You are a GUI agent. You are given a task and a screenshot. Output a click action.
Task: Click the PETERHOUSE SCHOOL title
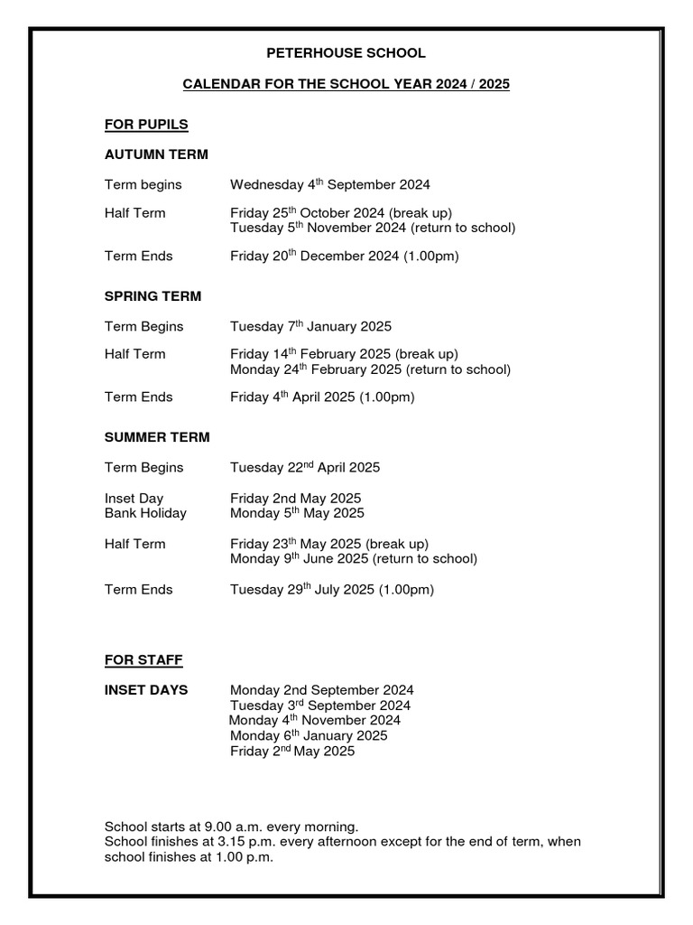coord(346,53)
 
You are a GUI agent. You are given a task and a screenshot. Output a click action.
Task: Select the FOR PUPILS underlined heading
coord(146,124)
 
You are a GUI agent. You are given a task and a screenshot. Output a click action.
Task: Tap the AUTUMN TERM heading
coord(156,154)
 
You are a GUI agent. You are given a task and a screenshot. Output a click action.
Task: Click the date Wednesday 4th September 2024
coord(329,185)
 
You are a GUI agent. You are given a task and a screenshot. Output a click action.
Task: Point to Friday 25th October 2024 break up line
coord(340,213)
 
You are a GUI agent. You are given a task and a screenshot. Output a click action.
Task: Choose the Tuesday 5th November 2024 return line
coord(373,229)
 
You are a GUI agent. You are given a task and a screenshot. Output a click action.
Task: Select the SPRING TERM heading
coord(152,296)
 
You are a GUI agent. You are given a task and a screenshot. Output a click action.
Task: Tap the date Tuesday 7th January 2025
coord(310,326)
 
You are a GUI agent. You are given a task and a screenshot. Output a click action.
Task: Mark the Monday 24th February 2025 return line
coord(370,369)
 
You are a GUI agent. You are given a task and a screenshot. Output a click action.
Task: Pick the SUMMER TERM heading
coord(157,437)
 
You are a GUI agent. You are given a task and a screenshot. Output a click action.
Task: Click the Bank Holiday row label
coord(145,513)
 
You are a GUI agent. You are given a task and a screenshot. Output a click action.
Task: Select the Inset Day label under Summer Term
coord(134,499)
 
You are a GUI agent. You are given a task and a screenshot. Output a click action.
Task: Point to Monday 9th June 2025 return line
coord(353,559)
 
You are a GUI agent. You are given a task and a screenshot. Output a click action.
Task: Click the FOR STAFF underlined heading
coord(143,660)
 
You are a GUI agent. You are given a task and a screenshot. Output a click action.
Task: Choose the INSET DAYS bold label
coord(146,690)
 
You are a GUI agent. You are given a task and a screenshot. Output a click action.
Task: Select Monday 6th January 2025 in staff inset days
coord(309,736)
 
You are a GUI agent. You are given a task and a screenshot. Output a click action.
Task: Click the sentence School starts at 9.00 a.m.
coord(232,827)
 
